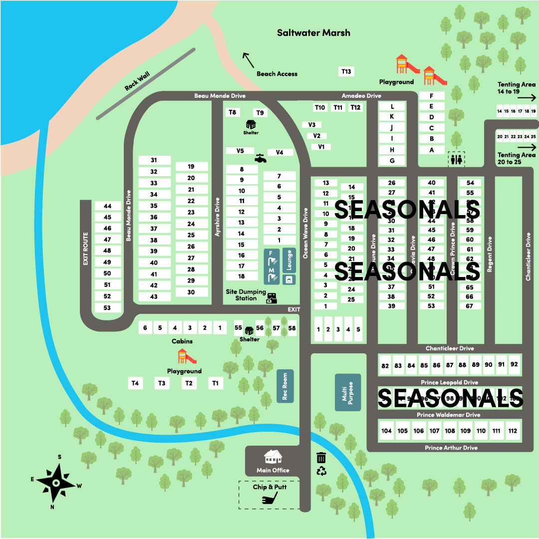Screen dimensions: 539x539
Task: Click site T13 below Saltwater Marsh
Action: (346, 72)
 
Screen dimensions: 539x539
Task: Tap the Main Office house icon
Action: (272, 457)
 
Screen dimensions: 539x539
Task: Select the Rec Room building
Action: (285, 386)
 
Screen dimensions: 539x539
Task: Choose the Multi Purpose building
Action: (347, 392)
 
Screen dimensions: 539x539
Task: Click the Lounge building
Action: (289, 260)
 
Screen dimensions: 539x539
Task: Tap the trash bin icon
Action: (321, 458)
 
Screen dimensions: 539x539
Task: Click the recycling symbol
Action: (321, 471)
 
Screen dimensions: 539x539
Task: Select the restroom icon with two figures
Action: (456, 159)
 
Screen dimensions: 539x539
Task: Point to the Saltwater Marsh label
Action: (313, 33)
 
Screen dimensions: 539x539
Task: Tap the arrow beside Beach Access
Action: (248, 60)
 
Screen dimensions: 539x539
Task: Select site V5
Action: (240, 151)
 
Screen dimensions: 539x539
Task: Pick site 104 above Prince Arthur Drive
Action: (386, 431)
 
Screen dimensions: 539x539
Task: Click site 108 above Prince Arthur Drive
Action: (450, 431)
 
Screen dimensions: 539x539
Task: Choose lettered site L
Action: (392, 106)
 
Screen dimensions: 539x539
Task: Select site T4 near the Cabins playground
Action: (135, 383)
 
